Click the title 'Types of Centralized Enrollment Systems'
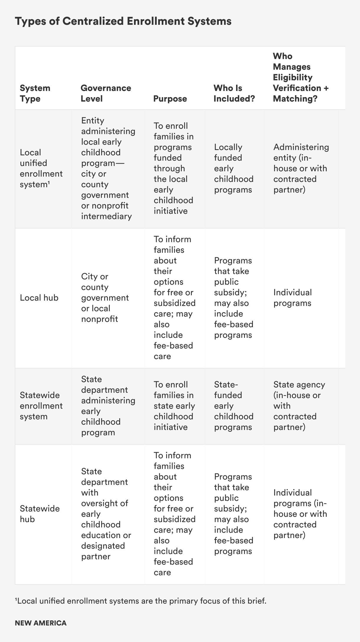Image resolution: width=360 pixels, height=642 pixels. [123, 22]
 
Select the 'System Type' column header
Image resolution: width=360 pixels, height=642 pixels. [35, 93]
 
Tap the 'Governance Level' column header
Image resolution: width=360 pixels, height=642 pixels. [106, 93]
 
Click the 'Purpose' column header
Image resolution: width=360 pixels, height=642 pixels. [170, 99]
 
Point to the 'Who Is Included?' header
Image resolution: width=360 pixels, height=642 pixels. [234, 93]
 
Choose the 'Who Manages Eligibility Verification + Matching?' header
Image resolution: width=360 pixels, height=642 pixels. [301, 77]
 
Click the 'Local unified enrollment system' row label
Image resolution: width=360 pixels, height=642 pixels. [41, 168]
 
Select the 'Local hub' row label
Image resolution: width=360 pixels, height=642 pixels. [39, 298]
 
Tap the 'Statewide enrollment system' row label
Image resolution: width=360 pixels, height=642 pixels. [41, 406]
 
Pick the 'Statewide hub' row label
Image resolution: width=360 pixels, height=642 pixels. [40, 514]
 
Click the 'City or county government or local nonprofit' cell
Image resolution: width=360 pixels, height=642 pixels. [105, 298]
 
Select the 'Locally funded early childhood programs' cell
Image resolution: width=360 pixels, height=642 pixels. [234, 168]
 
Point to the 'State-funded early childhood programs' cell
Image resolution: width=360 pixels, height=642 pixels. [234, 406]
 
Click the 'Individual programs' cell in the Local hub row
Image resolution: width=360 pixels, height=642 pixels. [292, 298]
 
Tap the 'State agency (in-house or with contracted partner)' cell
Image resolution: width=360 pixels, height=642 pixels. [299, 406]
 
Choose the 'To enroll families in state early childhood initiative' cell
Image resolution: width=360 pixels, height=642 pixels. [174, 406]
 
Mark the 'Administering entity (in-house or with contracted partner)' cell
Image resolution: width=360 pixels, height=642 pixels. [301, 168]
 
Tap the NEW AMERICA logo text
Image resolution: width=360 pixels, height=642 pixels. [41, 623]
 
